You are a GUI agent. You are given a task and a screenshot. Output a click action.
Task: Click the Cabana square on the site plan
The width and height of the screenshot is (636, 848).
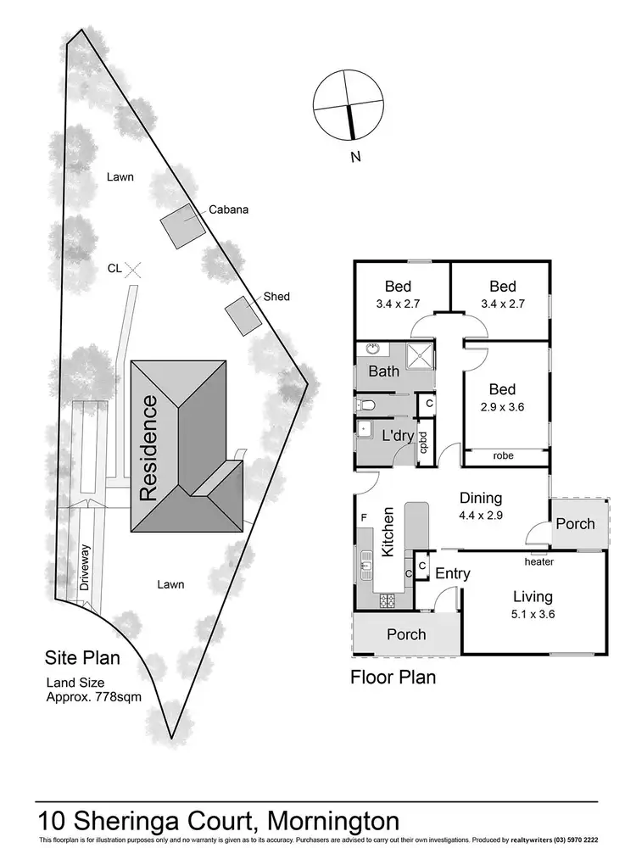point(183,226)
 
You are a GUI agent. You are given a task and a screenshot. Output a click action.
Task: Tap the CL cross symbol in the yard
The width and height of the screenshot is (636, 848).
point(133,270)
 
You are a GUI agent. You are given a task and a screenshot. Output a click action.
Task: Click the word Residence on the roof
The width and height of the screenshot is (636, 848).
point(148,448)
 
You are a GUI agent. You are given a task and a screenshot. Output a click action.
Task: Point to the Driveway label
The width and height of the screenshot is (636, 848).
point(84,567)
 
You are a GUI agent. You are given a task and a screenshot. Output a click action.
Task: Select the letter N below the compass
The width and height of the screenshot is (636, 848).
point(355,158)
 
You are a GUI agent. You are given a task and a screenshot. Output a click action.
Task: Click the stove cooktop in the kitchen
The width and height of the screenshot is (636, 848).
point(388,600)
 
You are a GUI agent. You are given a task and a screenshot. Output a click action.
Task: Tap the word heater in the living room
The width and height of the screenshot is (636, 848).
point(539,562)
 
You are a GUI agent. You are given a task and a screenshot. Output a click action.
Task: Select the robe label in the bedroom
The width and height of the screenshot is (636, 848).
point(503,456)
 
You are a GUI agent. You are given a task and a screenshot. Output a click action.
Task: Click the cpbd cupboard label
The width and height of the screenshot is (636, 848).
point(424,442)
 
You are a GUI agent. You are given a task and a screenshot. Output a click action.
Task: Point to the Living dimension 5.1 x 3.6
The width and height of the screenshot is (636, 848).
point(533,614)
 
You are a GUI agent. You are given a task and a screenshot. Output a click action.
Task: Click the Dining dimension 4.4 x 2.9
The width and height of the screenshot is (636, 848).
point(481,516)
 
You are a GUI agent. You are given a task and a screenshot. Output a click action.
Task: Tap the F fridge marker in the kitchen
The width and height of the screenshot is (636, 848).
point(364,518)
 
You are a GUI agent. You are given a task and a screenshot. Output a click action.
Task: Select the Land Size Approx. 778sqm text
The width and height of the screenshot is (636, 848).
point(94,690)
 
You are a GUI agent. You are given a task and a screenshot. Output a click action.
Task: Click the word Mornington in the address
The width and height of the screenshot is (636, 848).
point(333,821)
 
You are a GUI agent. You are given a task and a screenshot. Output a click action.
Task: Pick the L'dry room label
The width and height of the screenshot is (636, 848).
point(398,435)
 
